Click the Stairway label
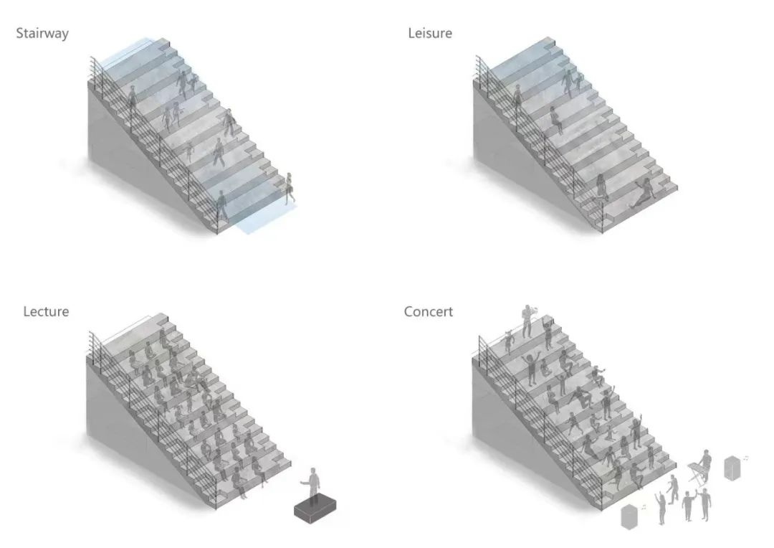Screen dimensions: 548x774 coord(42,33)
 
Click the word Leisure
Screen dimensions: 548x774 coord(430,33)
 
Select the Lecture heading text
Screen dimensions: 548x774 coord(46,311)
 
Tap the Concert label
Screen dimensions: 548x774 coord(429,311)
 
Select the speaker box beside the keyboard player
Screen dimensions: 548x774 coord(732,467)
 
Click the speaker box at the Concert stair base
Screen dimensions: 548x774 coord(630,516)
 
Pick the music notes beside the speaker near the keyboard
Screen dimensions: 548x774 coord(746,457)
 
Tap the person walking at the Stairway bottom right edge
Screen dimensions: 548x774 coord(290,188)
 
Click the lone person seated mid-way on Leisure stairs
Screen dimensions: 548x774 coord(555,120)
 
